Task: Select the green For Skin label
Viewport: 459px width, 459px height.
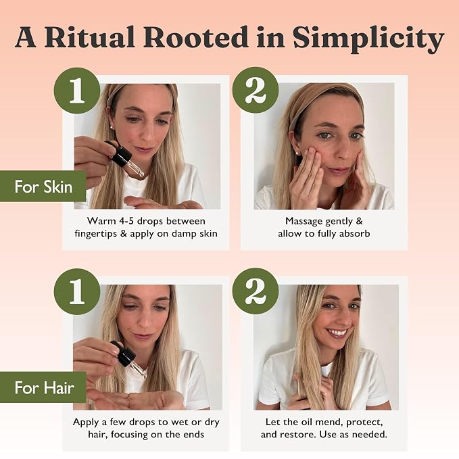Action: pyautogui.click(x=43, y=187)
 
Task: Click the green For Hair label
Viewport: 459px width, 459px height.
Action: pyautogui.click(x=43, y=387)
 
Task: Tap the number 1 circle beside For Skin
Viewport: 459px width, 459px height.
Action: pyautogui.click(x=77, y=91)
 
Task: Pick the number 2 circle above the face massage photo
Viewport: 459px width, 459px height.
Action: pyautogui.click(x=256, y=91)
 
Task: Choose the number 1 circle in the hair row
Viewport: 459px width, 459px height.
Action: pyautogui.click(x=77, y=291)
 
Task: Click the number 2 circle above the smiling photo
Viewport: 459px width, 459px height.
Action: pyautogui.click(x=256, y=291)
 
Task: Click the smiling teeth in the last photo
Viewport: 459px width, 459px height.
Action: pyautogui.click(x=337, y=333)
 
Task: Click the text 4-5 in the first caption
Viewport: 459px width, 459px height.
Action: pyautogui.click(x=127, y=221)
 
